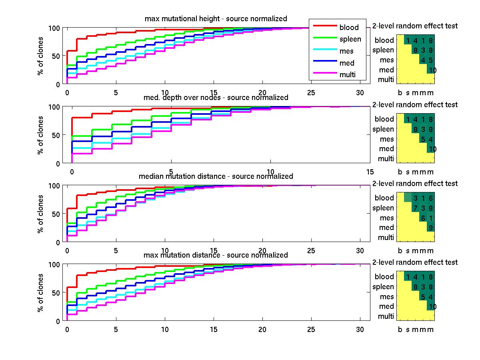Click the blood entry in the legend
click(x=349, y=28)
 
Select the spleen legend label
click(x=350, y=39)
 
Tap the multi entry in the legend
click(x=347, y=75)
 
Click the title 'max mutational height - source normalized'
click(x=216, y=19)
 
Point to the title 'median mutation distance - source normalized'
click(x=216, y=176)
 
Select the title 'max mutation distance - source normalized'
click(x=216, y=255)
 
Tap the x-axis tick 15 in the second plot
click(x=370, y=172)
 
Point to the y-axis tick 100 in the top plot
click(x=54, y=28)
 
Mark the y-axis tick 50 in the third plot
click(x=56, y=214)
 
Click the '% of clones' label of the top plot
click(x=40, y=56)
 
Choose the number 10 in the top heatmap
click(x=432, y=70)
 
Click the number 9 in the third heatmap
click(x=430, y=228)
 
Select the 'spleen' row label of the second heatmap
click(x=383, y=129)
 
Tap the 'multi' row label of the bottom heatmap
click(x=386, y=316)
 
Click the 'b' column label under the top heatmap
click(x=400, y=93)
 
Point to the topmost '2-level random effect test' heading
click(x=415, y=26)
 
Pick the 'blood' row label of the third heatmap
click(x=384, y=198)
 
